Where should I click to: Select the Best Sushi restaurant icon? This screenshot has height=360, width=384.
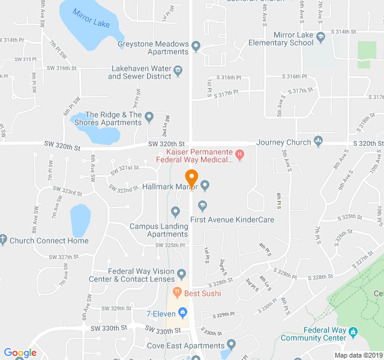(x=177, y=293)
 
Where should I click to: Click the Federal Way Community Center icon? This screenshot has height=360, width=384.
(x=353, y=331)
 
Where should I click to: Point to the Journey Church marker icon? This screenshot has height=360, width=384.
(x=319, y=142)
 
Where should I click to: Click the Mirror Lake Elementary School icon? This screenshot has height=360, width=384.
(x=320, y=36)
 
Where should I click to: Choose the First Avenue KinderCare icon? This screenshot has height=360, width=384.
(x=203, y=206)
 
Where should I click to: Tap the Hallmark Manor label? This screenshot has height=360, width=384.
(x=170, y=186)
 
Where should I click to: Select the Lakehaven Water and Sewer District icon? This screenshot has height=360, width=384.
(x=178, y=72)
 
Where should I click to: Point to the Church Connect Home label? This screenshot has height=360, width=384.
(x=49, y=241)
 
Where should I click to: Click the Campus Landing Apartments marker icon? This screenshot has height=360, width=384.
(x=175, y=211)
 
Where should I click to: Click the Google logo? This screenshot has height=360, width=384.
(x=20, y=353)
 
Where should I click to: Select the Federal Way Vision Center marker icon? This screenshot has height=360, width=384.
(x=182, y=275)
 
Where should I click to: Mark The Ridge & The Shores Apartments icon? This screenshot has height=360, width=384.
(x=149, y=116)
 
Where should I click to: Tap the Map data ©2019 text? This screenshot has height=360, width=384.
(x=358, y=355)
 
